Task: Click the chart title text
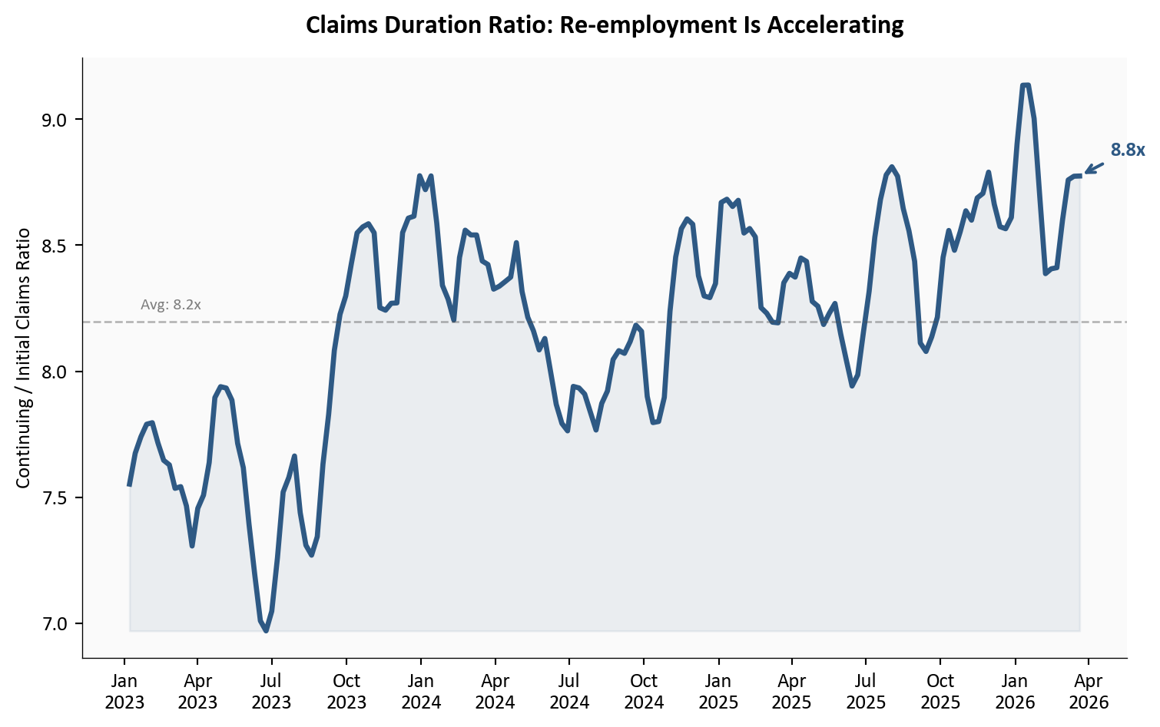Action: pyautogui.click(x=605, y=25)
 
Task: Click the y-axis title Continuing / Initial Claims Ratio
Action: pyautogui.click(x=23, y=358)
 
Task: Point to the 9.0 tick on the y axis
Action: pyautogui.click(x=55, y=120)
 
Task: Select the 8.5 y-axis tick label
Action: pyautogui.click(x=55, y=246)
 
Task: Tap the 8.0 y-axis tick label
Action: pyautogui.click(x=55, y=372)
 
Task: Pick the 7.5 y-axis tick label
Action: pyautogui.click(x=55, y=497)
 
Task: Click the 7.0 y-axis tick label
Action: pyautogui.click(x=55, y=623)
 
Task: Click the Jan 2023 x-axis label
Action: pyautogui.click(x=124, y=691)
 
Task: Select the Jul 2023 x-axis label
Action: pyautogui.click(x=271, y=691)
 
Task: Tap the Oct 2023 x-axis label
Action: pyautogui.click(x=346, y=691)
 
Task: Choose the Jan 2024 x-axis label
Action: pyautogui.click(x=421, y=691)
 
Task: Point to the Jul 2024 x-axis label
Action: pyautogui.click(x=569, y=691)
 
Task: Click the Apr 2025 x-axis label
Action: pyautogui.click(x=792, y=691)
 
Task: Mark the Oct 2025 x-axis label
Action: pyautogui.click(x=940, y=691)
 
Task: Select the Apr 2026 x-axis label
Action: pyautogui.click(x=1089, y=691)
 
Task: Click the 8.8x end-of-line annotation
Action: pyautogui.click(x=1127, y=150)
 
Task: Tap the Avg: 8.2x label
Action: pyautogui.click(x=171, y=305)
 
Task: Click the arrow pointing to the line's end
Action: pyautogui.click(x=1094, y=168)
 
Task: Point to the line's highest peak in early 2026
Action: pyautogui.click(x=1026, y=85)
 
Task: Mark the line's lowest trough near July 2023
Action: pyautogui.click(x=266, y=630)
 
